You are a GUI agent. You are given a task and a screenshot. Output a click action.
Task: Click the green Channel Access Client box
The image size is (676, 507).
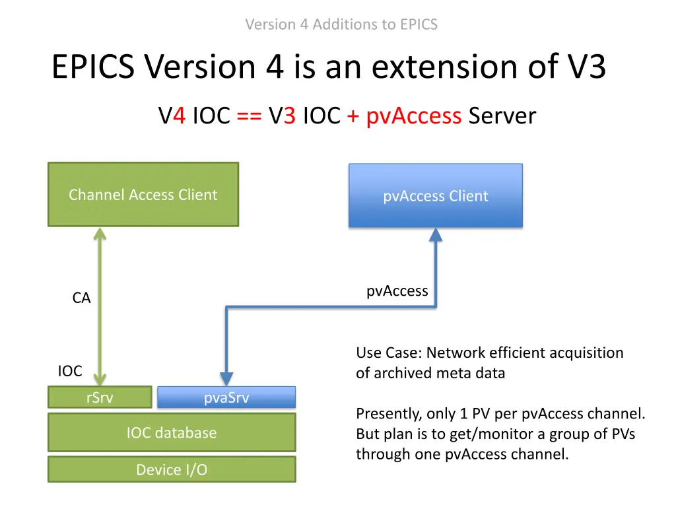pyautogui.click(x=143, y=195)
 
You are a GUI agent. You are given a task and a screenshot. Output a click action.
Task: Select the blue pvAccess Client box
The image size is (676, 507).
pyautogui.click(x=435, y=196)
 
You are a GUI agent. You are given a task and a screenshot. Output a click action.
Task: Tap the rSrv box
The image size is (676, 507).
pyautogui.click(x=100, y=397)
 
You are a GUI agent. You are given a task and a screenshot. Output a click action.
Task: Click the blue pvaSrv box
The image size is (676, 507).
pyautogui.click(x=226, y=397)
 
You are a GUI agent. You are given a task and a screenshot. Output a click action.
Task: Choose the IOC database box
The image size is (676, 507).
pyautogui.click(x=172, y=433)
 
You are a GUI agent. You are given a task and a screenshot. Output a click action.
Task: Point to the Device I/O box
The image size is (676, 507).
pyautogui.click(x=172, y=469)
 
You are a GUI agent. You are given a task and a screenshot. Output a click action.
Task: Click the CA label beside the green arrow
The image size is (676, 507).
pyautogui.click(x=81, y=298)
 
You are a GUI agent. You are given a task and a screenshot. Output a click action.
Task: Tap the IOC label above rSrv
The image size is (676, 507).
pyautogui.click(x=70, y=371)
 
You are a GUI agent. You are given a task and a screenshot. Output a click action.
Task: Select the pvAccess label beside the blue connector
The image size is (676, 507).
pyautogui.click(x=397, y=291)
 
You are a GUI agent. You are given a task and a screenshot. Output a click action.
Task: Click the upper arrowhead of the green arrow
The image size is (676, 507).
pyautogui.click(x=100, y=234)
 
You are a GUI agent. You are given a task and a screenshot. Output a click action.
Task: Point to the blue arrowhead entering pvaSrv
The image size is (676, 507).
pyautogui.click(x=226, y=379)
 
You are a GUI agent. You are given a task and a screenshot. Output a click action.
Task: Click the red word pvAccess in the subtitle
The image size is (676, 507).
pyautogui.click(x=413, y=116)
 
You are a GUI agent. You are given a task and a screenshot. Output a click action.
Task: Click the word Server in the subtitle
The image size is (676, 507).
pyautogui.click(x=502, y=116)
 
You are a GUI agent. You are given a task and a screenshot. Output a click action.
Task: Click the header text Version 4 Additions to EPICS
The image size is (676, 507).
pyautogui.click(x=341, y=24)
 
